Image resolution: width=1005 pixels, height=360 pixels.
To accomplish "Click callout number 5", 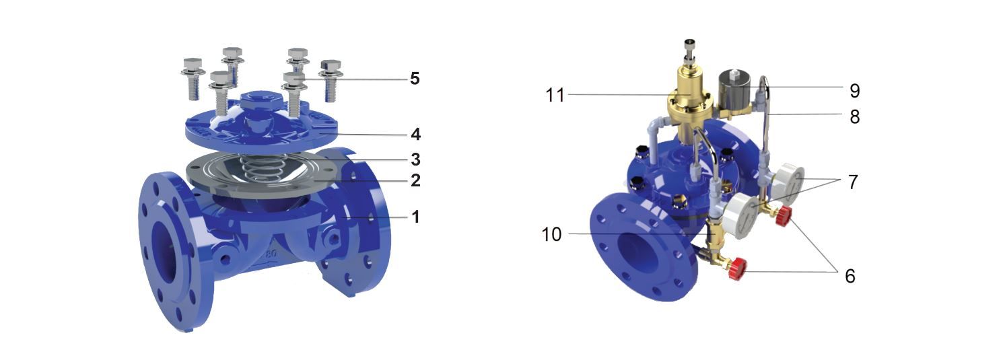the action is coord(415,79).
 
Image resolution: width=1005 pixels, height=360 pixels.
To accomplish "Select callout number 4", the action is coord(415,134).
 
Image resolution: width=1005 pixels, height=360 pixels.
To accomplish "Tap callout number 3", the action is coord(415,159).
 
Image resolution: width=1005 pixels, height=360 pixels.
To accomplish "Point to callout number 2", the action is coord(415,180).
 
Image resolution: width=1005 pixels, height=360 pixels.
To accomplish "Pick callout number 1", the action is coord(415,217).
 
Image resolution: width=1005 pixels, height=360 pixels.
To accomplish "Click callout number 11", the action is coord(555,95).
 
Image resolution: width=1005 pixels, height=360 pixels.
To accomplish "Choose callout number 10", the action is coord(551,234).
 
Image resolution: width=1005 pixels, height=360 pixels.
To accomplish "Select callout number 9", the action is coord(855,91).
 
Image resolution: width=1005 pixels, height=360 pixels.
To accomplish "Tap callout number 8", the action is coord(855,117).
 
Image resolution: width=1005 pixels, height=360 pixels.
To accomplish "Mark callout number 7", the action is coord(853,182).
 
